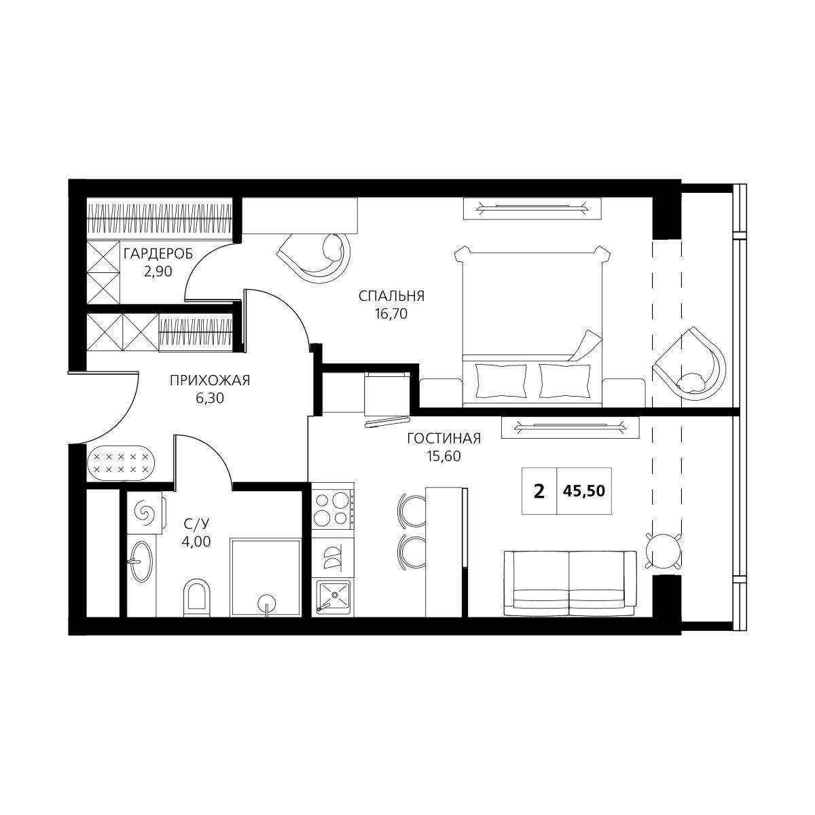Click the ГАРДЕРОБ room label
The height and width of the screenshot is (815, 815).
pos(158,254)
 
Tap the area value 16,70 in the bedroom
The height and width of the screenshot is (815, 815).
pos(391,313)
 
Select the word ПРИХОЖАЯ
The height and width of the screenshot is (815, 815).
pos(210,380)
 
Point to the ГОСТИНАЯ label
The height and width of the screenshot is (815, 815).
pos(443,439)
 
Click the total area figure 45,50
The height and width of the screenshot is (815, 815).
pos(584,491)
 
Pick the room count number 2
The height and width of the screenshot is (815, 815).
pos(539,491)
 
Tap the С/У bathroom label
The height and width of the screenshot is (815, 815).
pos(196,524)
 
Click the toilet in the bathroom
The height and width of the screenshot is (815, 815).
pos(197,598)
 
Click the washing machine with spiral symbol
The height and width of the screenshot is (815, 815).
pos(145,513)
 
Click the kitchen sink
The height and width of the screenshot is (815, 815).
pos(333,597)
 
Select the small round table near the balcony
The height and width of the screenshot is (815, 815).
pos(664,550)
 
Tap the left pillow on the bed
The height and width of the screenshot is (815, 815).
pos(501,380)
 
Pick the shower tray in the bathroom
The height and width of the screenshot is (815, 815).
pos(265,577)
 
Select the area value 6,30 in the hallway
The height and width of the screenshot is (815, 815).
pos(210,398)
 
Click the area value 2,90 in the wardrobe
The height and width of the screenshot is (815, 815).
pos(158,271)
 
